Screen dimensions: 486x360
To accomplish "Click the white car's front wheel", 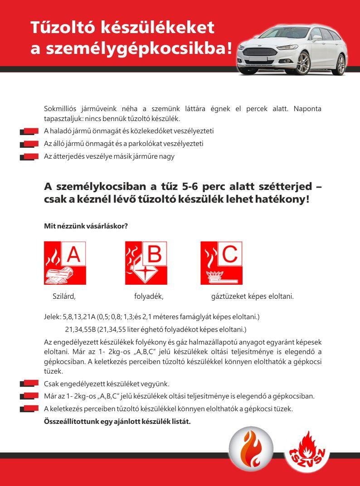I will [x=303, y=63].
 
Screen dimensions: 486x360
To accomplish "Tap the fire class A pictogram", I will [x=65, y=263].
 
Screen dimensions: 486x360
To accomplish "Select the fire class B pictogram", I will [x=146, y=263].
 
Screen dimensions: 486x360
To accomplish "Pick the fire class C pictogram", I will [x=221, y=263].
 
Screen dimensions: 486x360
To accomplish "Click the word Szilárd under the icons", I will [x=64, y=296].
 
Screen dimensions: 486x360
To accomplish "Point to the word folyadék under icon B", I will [x=149, y=296].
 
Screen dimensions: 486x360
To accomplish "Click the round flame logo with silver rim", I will [x=251, y=449].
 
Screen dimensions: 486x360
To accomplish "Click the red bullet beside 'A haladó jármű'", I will [x=29, y=131].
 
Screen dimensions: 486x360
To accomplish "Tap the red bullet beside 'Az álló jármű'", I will [x=29, y=144].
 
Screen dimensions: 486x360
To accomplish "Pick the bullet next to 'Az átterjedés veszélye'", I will [x=29, y=157].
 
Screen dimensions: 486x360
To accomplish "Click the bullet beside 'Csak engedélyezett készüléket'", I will [x=29, y=384].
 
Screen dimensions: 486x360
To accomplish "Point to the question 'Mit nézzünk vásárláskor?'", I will [x=86, y=226].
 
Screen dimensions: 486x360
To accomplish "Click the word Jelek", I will [x=52, y=316].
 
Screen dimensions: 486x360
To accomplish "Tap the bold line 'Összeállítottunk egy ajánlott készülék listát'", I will [x=117, y=421].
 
